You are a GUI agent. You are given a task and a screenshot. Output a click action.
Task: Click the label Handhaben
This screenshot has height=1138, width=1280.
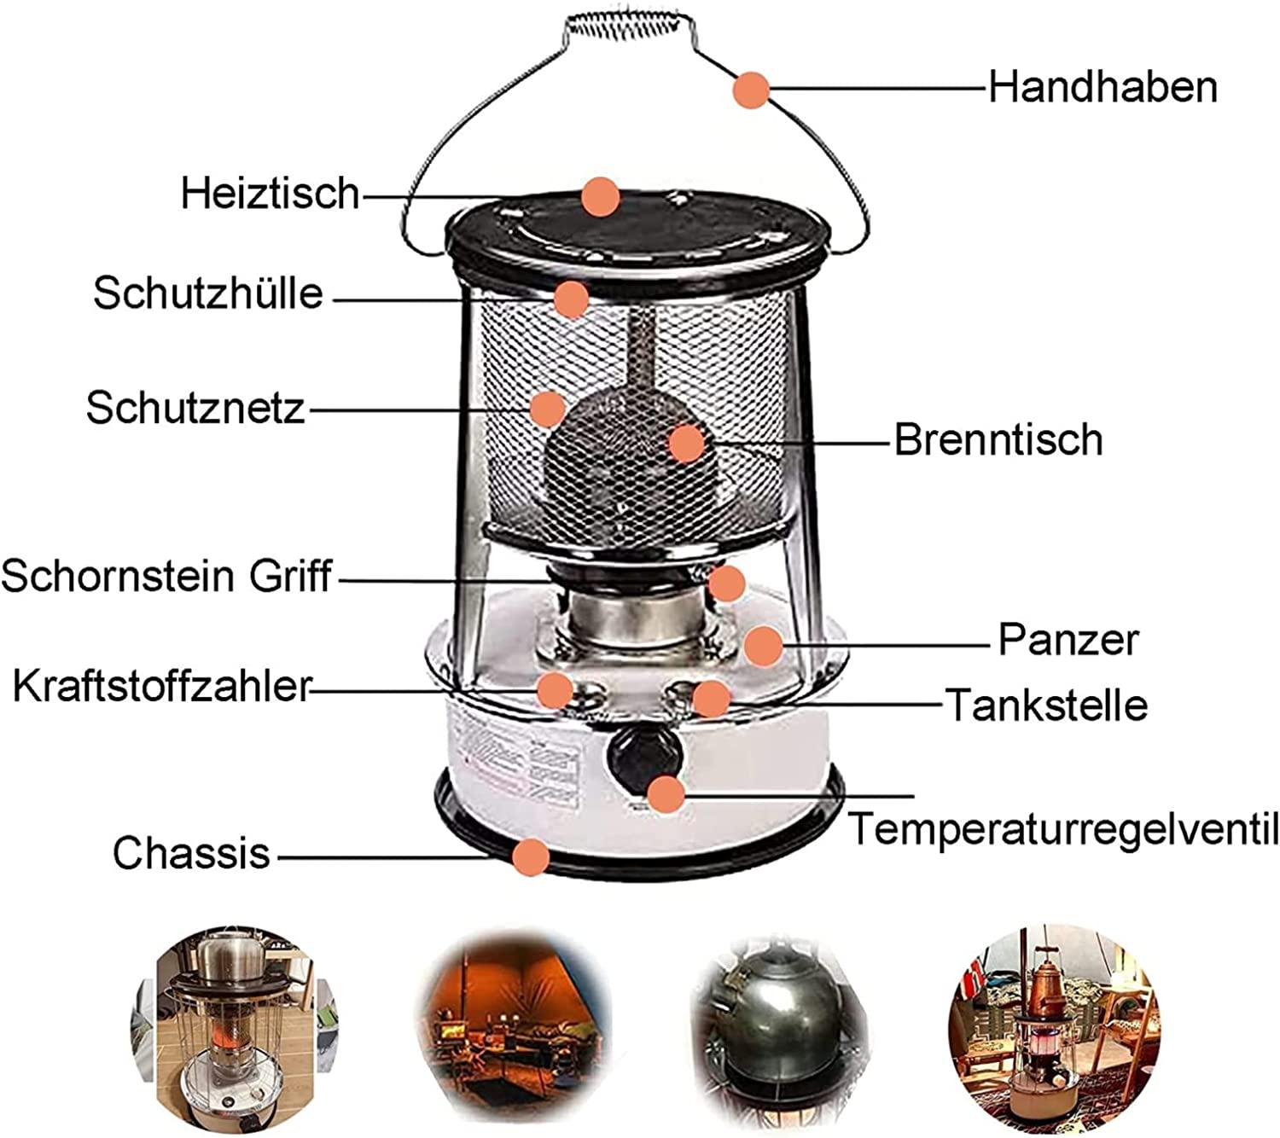point(1103,87)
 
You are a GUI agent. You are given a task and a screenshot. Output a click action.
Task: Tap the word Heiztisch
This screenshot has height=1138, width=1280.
point(271,193)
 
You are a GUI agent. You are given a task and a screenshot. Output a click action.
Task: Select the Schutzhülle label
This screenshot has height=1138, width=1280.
point(208,293)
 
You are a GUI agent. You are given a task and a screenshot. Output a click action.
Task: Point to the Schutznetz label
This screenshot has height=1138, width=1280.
point(195,407)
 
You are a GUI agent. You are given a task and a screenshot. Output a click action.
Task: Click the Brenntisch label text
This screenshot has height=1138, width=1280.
point(998,439)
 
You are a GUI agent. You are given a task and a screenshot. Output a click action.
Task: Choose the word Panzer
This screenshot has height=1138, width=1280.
point(1068,640)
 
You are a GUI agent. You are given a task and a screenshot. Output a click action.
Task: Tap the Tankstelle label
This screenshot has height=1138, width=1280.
point(1047,704)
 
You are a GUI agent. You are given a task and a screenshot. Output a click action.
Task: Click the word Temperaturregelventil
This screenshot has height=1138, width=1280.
point(1062,828)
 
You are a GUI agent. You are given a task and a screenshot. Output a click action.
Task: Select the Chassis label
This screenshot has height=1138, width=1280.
point(191,852)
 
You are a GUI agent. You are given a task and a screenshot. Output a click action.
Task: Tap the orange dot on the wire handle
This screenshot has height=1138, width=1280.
point(751,90)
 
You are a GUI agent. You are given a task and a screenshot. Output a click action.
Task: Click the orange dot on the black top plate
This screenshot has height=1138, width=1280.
point(601,196)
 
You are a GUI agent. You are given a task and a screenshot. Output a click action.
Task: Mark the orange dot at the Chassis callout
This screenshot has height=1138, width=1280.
point(531,857)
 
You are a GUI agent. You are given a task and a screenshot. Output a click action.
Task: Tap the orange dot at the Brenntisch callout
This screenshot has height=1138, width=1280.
point(687,444)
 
